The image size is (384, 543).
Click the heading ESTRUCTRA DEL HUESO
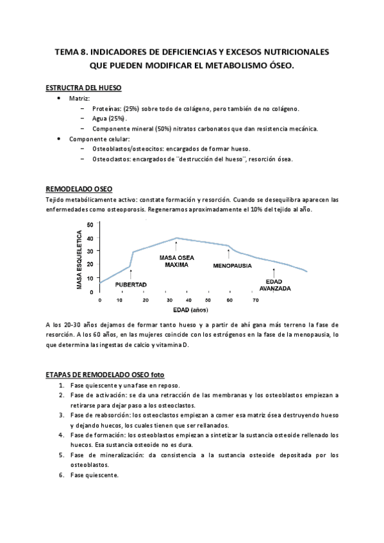pyautogui.click(x=83, y=88)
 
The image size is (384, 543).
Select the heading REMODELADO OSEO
pyautogui.click(x=79, y=189)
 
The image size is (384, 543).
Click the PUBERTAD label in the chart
pyautogui.click(x=131, y=284)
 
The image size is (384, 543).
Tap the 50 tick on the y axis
pyautogui.click(x=90, y=224)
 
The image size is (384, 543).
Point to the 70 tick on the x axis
pyautogui.click(x=255, y=300)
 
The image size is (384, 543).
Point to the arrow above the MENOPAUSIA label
pyautogui.click(x=229, y=254)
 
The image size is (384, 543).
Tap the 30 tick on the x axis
pyautogui.click(x=169, y=300)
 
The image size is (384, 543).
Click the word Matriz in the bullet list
pyautogui.click(x=80, y=99)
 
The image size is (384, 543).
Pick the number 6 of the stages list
pyautogui.click(x=61, y=476)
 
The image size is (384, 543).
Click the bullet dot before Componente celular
pyautogui.click(x=59, y=138)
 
